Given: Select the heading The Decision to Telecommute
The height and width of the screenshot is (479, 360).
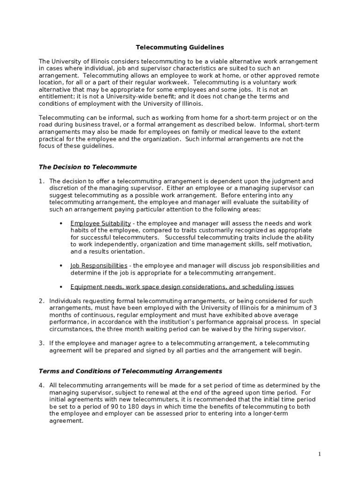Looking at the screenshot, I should [87, 167].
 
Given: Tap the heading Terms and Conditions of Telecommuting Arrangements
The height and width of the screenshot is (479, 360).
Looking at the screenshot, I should [130, 371].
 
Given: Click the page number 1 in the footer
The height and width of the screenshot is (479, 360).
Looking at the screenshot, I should [319, 454].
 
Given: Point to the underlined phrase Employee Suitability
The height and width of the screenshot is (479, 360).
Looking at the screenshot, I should [101, 224].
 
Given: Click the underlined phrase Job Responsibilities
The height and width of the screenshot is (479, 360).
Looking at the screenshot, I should [99, 266].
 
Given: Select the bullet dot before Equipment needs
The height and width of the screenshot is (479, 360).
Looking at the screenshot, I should [61, 287].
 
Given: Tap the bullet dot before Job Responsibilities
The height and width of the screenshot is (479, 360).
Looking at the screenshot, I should [61, 266].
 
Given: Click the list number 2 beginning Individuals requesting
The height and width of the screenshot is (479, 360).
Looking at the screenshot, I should [41, 301].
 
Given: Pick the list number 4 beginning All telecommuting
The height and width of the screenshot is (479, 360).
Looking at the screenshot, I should [41, 385].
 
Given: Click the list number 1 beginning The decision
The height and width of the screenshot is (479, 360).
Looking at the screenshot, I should [41, 181].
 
